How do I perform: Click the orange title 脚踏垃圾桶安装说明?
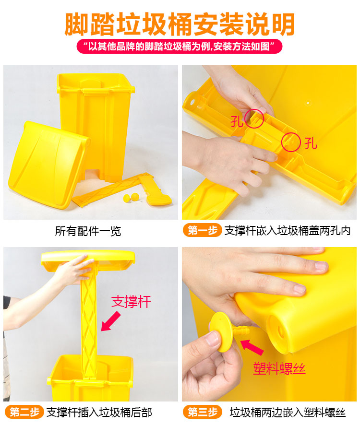point(180,24)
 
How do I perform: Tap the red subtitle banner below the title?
point(180,47)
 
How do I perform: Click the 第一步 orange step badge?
point(203,230)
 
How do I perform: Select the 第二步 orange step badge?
point(24,412)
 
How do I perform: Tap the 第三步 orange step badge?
point(203,412)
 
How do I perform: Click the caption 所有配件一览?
point(88,231)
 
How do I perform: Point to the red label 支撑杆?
point(131,301)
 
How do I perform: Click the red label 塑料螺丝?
point(279,368)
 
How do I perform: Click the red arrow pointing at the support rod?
point(111,321)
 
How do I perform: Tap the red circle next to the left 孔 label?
point(254,118)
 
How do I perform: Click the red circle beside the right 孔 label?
point(291,142)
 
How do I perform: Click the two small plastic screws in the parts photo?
point(131,197)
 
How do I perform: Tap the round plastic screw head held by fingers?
point(221,332)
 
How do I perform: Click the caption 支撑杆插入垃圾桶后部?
point(99,413)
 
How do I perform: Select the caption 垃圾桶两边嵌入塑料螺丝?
point(288,413)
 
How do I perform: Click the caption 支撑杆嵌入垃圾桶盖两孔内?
point(288,231)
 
